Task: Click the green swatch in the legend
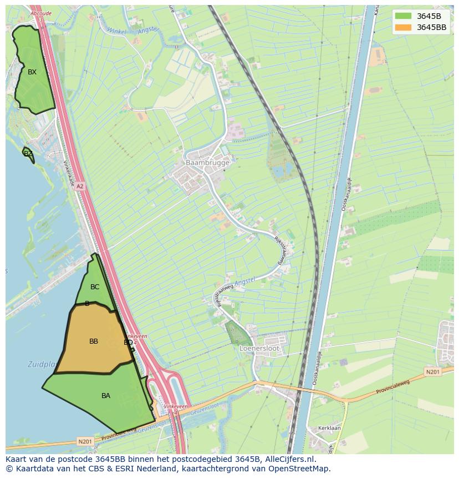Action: click(x=404, y=16)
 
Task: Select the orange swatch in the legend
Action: click(x=404, y=27)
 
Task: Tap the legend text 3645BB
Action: click(x=431, y=27)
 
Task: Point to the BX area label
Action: click(x=32, y=72)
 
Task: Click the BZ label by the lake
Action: click(x=28, y=154)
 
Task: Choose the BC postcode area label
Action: click(x=95, y=287)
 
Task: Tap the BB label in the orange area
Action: click(x=94, y=341)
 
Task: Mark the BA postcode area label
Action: click(x=106, y=396)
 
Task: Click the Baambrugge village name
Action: click(x=207, y=163)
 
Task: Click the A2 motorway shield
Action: click(x=80, y=187)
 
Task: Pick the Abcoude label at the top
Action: click(x=42, y=13)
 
